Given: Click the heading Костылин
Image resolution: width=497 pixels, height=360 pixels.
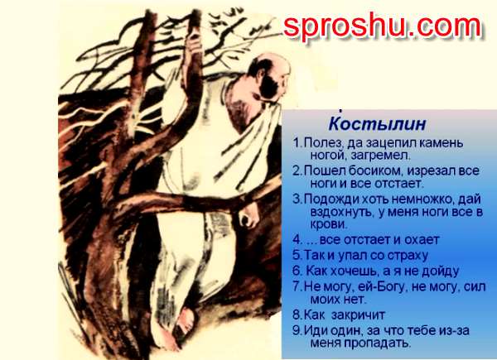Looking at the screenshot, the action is [x=377, y=124].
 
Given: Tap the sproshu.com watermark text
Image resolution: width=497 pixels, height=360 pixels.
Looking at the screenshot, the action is [x=382, y=26].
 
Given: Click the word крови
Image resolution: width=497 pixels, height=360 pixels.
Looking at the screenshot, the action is [x=329, y=224].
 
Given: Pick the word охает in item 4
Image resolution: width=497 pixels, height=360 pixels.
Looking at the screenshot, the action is [x=422, y=240].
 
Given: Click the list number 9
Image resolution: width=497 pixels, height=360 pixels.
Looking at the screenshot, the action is [x=297, y=330].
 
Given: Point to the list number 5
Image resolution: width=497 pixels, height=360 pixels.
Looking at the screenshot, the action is [x=297, y=255].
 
